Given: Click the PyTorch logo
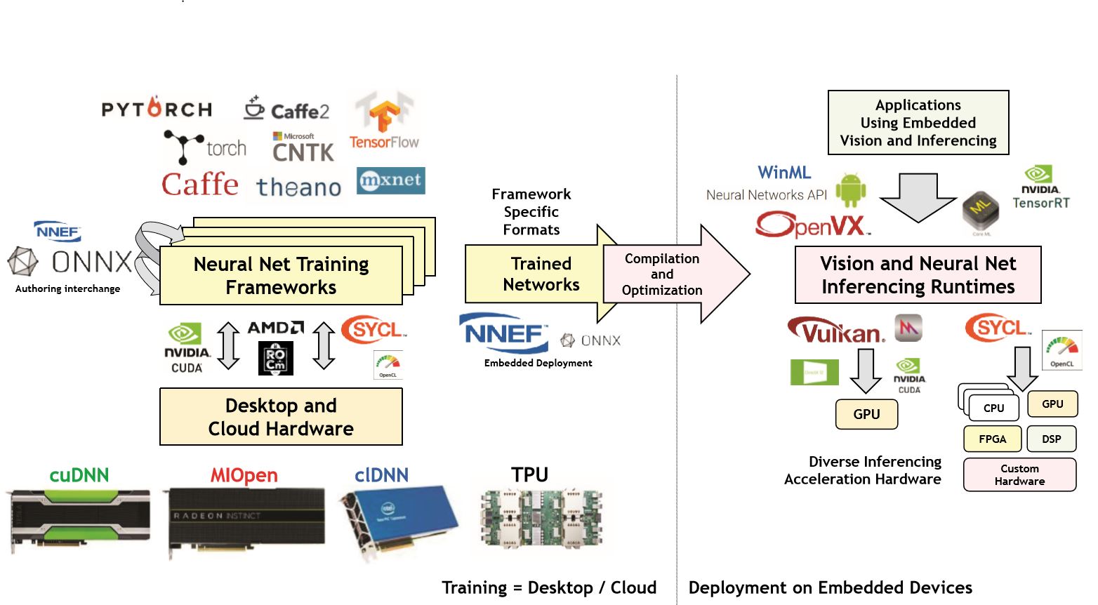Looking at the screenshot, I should (x=157, y=108).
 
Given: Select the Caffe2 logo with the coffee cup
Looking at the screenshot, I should (x=286, y=109).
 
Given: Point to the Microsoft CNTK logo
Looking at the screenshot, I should (x=303, y=147).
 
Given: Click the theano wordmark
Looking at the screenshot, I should (x=298, y=187).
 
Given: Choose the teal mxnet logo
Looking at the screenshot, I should (x=390, y=180).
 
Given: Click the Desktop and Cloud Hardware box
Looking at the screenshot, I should (x=281, y=417).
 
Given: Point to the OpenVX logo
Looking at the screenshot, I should (x=812, y=225).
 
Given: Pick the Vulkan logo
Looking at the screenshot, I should (x=837, y=330).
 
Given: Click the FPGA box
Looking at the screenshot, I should (x=992, y=439).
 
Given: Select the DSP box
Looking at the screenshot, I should (x=1051, y=439).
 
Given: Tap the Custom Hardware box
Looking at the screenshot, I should (x=1019, y=474).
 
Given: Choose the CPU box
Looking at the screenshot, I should (x=993, y=408).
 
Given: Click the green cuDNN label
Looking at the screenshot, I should (x=79, y=475).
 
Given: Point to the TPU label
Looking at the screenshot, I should (x=529, y=475).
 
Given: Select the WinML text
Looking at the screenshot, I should (x=784, y=173).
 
